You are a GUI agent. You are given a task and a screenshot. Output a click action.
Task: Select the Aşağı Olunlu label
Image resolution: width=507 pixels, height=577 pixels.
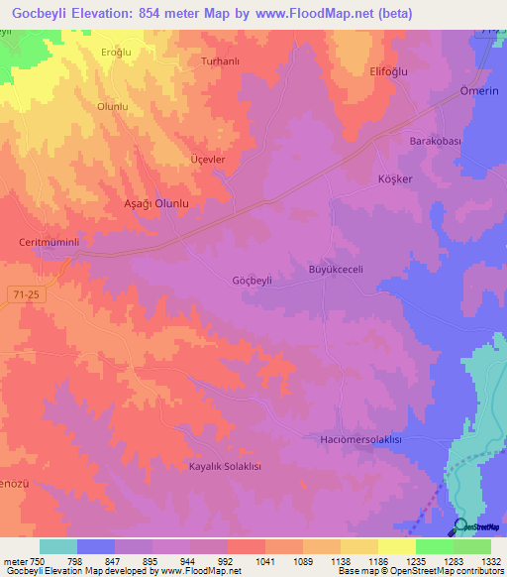(x=149, y=202)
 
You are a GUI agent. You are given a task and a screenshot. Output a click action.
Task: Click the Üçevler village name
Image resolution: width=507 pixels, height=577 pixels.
(x=208, y=160)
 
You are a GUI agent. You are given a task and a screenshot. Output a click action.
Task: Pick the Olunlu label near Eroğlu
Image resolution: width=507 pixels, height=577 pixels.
(x=113, y=106)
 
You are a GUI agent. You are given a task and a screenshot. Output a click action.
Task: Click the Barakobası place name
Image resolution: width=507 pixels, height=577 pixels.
(x=436, y=142)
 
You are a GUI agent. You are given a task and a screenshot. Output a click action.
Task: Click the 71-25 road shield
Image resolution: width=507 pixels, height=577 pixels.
(x=37, y=293)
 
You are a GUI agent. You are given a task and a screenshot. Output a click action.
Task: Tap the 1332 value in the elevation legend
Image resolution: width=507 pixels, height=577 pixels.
(x=487, y=561)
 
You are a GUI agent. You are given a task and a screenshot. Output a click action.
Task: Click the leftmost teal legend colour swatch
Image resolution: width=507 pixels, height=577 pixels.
(x=58, y=546)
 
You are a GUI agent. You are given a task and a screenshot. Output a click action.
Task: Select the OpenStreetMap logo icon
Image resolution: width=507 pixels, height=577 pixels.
(x=461, y=526)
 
